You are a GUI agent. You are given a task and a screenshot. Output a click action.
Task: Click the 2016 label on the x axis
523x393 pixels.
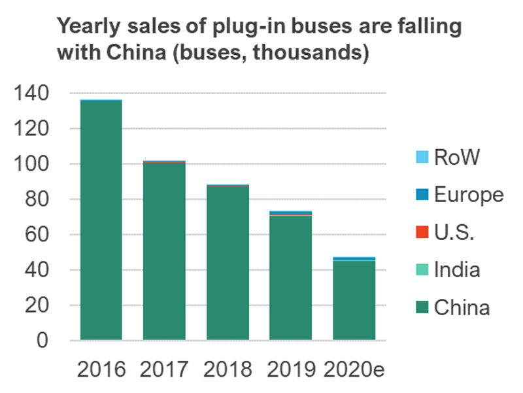(x=101, y=369)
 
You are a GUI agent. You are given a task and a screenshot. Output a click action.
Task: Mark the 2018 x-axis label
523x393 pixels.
(x=228, y=369)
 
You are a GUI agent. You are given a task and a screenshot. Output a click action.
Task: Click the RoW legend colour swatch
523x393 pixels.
(x=422, y=157)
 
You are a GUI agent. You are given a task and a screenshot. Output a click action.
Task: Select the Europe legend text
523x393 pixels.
(x=469, y=195)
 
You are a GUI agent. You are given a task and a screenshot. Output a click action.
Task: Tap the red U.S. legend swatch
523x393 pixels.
(x=422, y=232)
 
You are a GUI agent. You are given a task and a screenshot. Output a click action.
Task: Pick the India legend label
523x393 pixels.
(x=457, y=269)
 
